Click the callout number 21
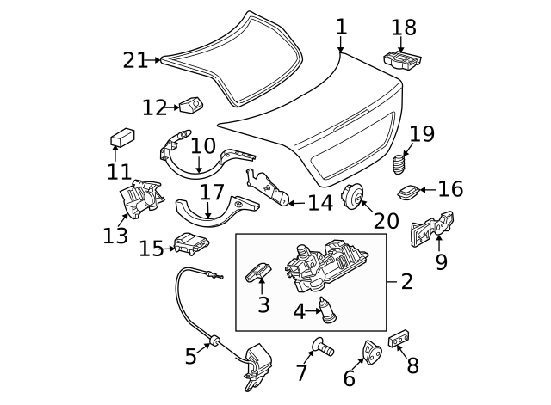pyautogui.click(x=135, y=60)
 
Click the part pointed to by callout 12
pyautogui.click(x=190, y=106)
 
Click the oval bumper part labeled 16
pyautogui.click(x=410, y=189)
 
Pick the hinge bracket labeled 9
pyautogui.click(x=433, y=229)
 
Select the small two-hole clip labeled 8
pyautogui.click(x=399, y=339)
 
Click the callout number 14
pyautogui.click(x=319, y=204)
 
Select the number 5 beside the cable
pyautogui.click(x=191, y=353)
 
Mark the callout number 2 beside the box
pyautogui.click(x=406, y=280)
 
